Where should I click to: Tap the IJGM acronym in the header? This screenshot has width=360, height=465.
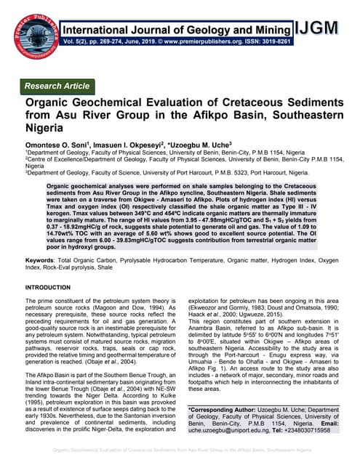[319, 28]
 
